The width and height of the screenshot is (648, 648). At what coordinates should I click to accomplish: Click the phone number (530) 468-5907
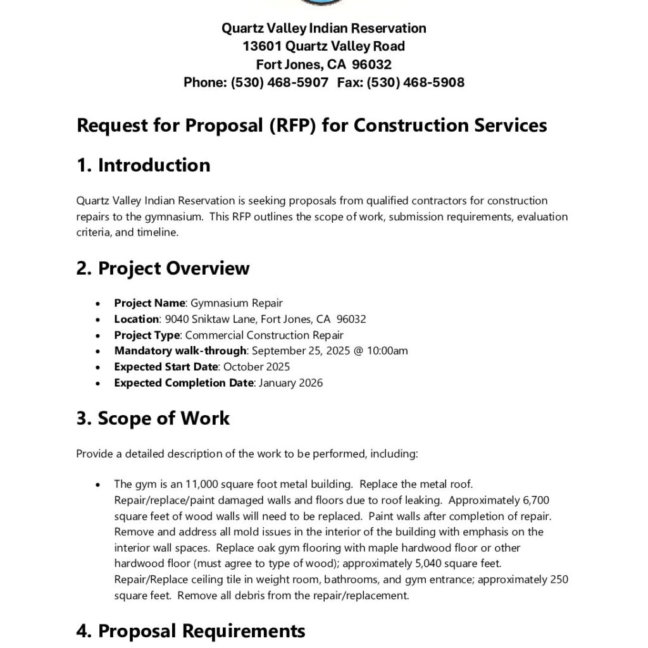click(x=280, y=82)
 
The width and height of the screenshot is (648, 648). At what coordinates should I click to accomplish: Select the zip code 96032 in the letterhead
click(x=372, y=65)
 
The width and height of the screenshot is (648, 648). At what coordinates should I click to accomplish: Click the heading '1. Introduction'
click(x=143, y=165)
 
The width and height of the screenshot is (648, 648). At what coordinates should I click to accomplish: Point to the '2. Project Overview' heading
click(x=163, y=268)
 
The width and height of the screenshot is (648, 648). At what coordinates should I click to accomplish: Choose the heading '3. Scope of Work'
click(x=153, y=418)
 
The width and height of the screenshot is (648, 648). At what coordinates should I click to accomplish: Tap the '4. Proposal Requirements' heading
click(x=190, y=631)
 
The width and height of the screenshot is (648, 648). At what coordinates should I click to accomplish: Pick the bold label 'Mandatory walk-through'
click(x=180, y=351)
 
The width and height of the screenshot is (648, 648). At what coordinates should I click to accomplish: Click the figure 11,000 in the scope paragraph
click(x=200, y=484)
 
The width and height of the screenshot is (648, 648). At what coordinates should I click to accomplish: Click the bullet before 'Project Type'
click(x=98, y=335)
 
